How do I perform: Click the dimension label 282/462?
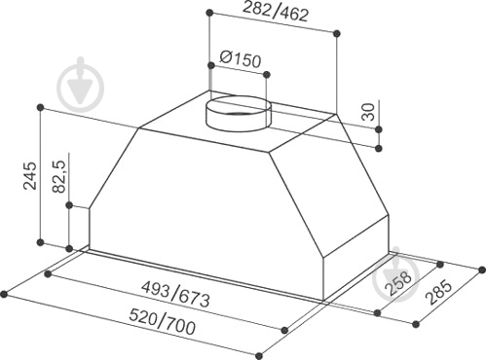point(276,13)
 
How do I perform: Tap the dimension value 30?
point(368,112)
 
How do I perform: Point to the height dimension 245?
point(30,175)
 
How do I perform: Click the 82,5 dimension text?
point(59,177)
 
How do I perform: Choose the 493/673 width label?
point(176,295)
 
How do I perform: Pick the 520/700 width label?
point(163,322)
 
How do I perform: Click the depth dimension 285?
point(439,292)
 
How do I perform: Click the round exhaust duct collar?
point(239,113)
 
